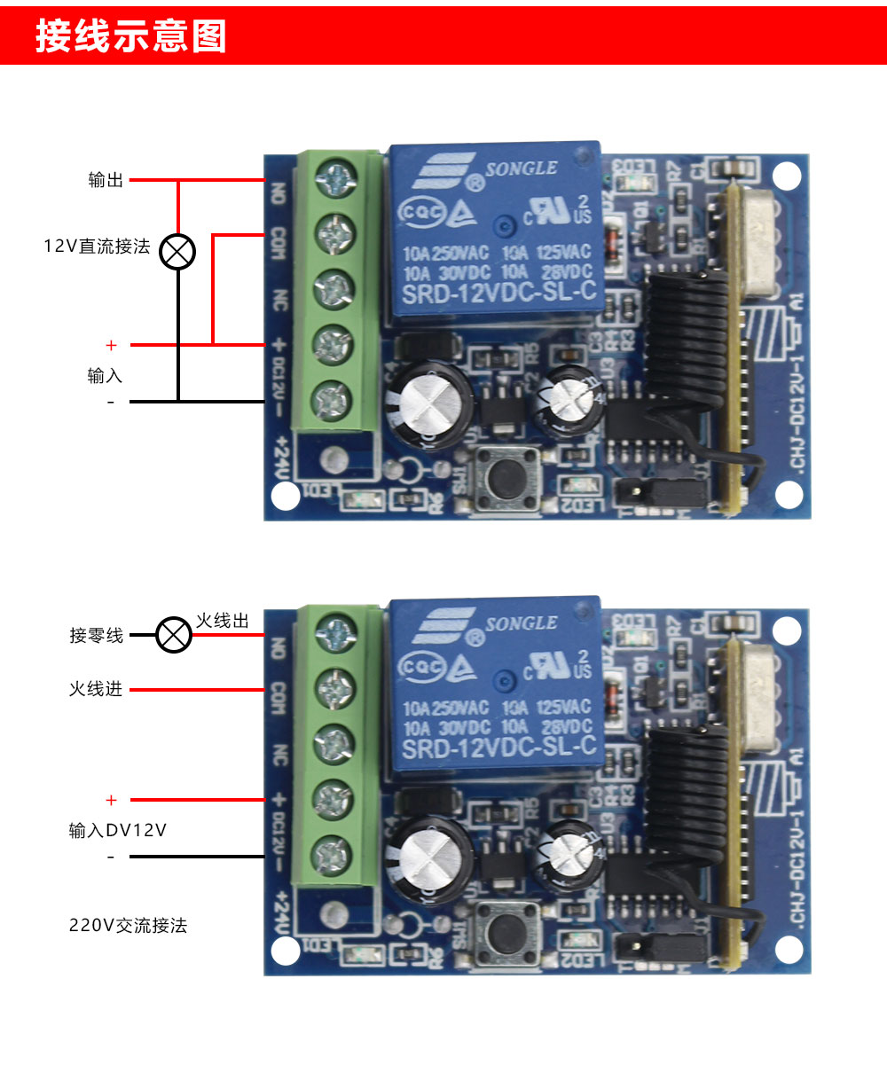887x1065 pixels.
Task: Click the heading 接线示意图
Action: coord(131,37)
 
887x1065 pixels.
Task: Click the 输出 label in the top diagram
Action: coord(106,181)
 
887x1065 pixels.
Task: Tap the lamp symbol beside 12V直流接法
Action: coord(177,253)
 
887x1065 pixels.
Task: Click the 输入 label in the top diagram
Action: coord(105,376)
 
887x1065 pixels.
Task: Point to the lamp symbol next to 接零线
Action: coord(174,635)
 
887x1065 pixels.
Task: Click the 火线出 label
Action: coord(222,621)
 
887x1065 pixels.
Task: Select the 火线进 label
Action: coord(96,689)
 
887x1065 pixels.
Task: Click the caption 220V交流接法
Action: coord(129,926)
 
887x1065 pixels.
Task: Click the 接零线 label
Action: coord(97,635)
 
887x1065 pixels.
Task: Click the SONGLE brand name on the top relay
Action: coord(521,168)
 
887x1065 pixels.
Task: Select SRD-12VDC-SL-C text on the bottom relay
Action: coord(498,749)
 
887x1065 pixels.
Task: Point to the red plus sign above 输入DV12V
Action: coord(111,801)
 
